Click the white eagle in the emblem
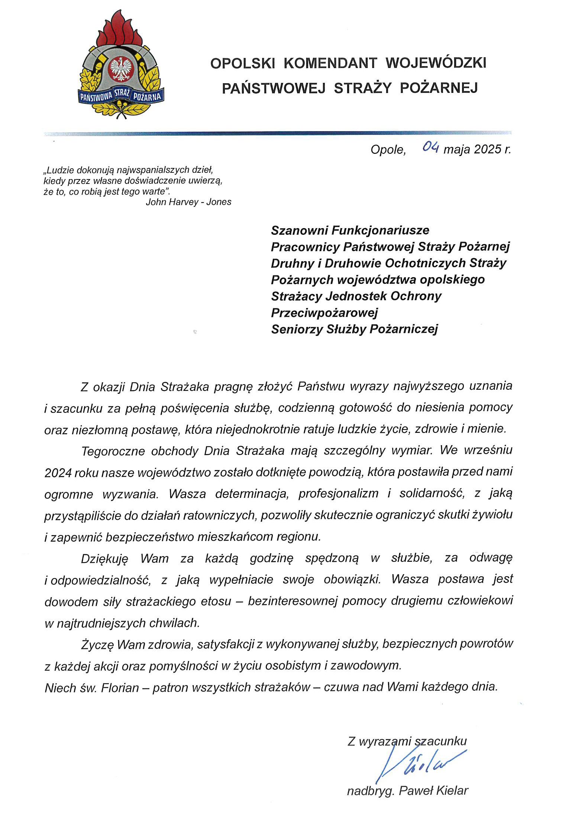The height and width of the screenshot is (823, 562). click(121, 68)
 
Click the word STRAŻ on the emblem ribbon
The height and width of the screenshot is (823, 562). click(122, 93)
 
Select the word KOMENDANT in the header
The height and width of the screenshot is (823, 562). click(330, 63)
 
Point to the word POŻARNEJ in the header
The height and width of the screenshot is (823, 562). click(439, 88)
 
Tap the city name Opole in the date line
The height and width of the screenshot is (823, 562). click(388, 149)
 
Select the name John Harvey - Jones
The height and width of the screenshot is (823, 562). click(188, 202)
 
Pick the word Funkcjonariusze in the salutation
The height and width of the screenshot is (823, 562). click(380, 230)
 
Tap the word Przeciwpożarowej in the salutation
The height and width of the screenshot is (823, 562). click(324, 312)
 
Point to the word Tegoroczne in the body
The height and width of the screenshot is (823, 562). click(113, 451)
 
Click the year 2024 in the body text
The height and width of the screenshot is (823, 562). click(58, 473)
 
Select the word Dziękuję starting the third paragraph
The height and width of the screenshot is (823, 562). click(104, 558)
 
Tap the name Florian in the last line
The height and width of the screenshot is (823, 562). click(120, 688)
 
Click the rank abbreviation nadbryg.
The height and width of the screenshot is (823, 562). click(370, 791)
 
